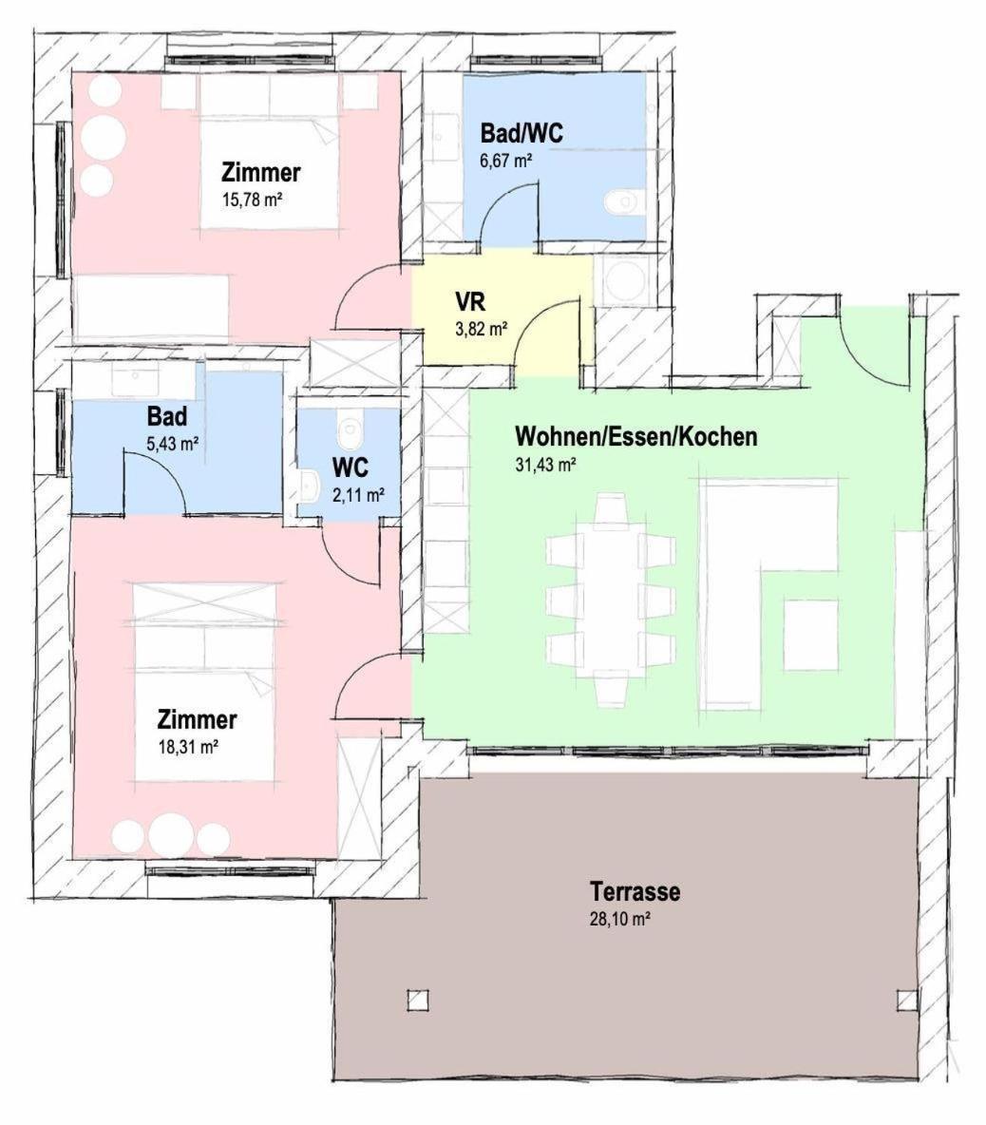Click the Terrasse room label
(x=635, y=892)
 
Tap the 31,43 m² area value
(x=545, y=465)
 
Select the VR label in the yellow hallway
(x=469, y=300)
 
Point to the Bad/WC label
(x=521, y=133)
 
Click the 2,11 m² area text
(x=358, y=494)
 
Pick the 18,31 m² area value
(x=188, y=747)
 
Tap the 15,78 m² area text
(x=251, y=200)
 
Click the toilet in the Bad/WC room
(x=620, y=201)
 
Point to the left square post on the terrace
(x=417, y=1000)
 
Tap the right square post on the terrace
(x=906, y=1000)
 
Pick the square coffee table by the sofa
(x=811, y=636)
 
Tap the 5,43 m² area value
(x=172, y=444)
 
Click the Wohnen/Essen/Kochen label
(x=636, y=436)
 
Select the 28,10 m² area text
(x=620, y=919)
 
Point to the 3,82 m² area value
(x=482, y=330)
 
